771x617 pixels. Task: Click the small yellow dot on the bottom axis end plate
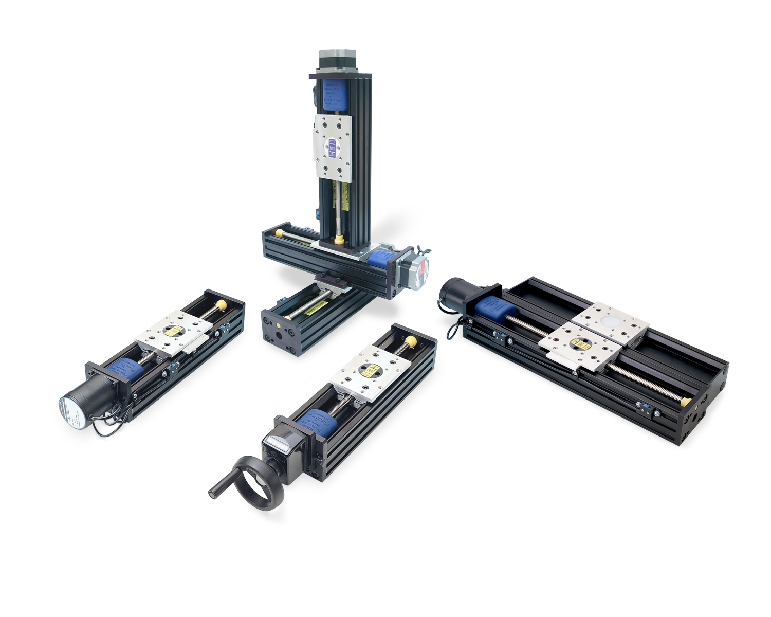coord(280,326)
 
